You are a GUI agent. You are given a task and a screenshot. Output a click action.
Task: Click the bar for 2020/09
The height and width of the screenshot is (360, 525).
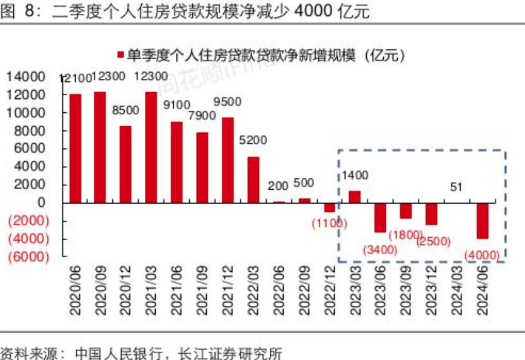click(x=100, y=147)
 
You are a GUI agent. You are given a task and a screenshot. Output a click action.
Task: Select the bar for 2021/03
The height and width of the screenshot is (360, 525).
click(x=151, y=147)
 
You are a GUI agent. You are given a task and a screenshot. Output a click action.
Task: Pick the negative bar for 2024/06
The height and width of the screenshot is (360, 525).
click(x=482, y=221)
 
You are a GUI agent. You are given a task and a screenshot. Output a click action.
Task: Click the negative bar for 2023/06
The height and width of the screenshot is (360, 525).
click(x=380, y=218)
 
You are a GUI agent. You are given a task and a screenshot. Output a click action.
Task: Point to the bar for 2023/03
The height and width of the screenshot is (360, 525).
click(x=355, y=197)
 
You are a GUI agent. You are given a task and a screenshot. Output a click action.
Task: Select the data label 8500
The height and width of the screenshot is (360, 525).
click(x=125, y=110)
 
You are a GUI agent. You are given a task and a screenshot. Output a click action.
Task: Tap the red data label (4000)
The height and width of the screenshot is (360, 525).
click(x=482, y=255)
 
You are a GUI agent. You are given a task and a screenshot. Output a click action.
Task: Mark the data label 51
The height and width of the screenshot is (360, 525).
click(x=458, y=187)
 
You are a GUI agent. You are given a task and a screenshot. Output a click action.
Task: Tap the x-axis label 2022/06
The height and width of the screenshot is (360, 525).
click(x=278, y=291)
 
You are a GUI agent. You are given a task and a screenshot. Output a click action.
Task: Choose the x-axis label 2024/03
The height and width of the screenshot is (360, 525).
click(x=457, y=291)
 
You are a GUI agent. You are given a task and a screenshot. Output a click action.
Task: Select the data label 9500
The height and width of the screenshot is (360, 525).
click(x=227, y=102)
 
